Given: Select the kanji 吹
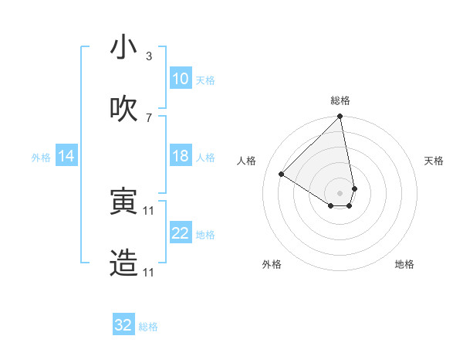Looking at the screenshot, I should click(x=123, y=110).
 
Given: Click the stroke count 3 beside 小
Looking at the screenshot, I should click(x=149, y=56).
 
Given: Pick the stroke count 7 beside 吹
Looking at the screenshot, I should click(x=149, y=117).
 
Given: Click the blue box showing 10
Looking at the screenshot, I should click(x=181, y=79).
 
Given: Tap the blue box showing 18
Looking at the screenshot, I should click(x=181, y=156).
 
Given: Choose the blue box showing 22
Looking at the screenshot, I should click(x=181, y=233).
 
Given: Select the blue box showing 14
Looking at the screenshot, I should click(x=66, y=156).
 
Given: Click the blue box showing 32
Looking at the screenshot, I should click(x=123, y=325).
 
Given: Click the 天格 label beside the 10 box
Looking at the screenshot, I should click(x=205, y=80).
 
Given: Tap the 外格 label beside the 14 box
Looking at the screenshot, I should click(x=41, y=157).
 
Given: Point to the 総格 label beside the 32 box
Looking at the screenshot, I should click(x=148, y=327).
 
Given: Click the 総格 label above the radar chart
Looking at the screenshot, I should click(x=340, y=100).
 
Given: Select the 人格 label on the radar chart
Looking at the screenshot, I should click(x=247, y=161).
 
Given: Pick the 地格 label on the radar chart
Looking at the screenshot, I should click(x=404, y=264).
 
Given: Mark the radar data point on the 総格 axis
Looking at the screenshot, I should click(x=340, y=117).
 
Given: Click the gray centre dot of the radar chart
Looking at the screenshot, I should click(x=340, y=192).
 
